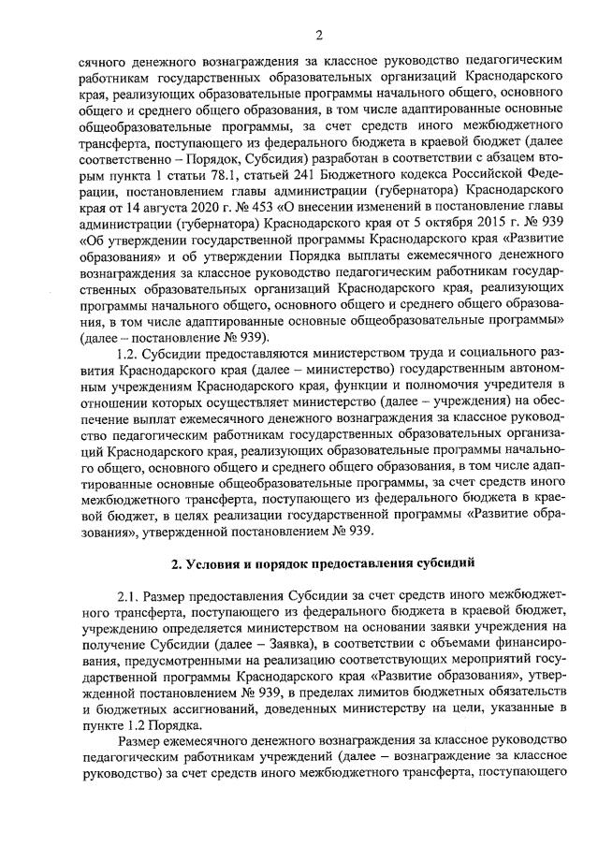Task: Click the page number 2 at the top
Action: [x=317, y=36]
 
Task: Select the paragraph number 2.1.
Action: [x=128, y=596]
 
